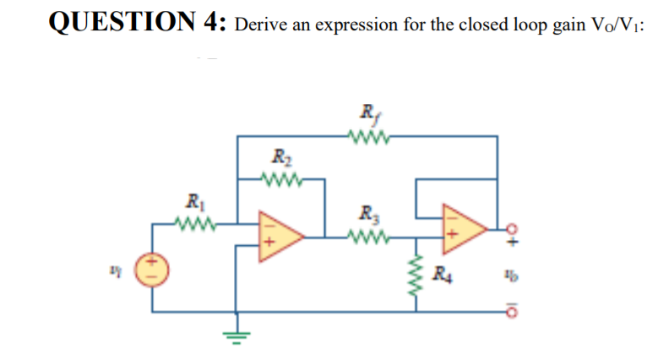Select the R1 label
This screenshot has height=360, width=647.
(193, 203)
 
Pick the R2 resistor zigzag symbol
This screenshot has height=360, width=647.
(280, 178)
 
